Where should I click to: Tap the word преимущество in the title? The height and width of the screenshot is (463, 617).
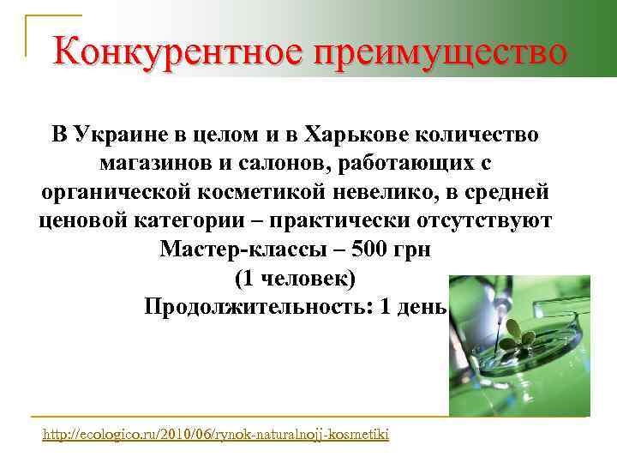coord(441,53)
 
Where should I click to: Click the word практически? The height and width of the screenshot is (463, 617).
coord(334,220)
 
